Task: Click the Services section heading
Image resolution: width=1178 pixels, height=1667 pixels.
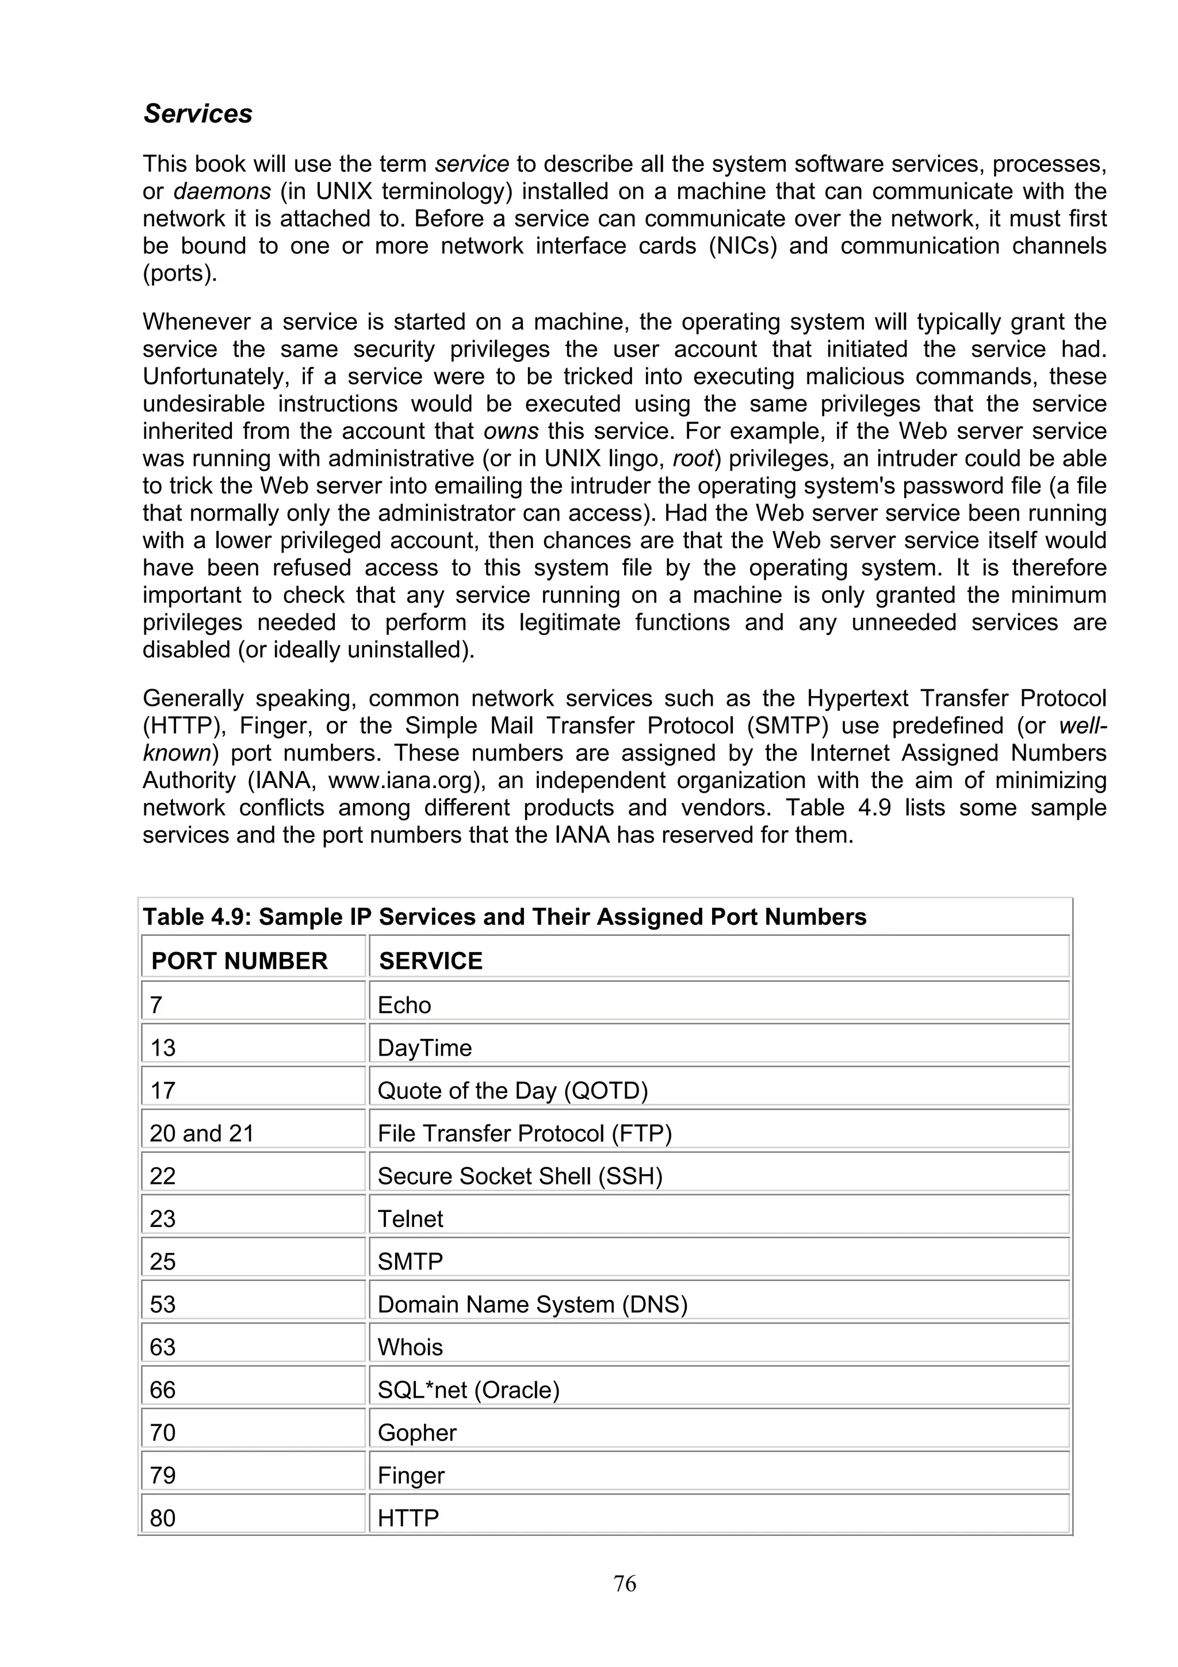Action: point(197,114)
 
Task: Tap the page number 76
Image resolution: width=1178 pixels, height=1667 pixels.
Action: point(625,1584)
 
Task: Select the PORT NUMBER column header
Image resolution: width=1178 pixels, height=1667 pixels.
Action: point(239,961)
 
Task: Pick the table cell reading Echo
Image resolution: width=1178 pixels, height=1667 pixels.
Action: point(404,1005)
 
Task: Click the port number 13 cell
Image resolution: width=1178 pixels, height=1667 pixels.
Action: point(163,1047)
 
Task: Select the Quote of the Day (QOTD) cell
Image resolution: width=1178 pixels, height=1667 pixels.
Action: point(512,1091)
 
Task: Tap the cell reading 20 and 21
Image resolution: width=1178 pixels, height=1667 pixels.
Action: point(202,1133)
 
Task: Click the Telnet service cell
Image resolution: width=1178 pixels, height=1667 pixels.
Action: point(410,1218)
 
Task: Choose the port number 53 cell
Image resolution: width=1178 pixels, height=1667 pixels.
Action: point(163,1304)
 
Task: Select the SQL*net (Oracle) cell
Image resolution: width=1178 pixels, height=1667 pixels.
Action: point(468,1390)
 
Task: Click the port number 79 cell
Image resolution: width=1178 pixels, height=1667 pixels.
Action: point(163,1475)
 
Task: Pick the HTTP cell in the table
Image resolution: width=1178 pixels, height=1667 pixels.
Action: point(408,1518)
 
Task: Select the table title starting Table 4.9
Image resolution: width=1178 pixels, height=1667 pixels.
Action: point(504,917)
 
